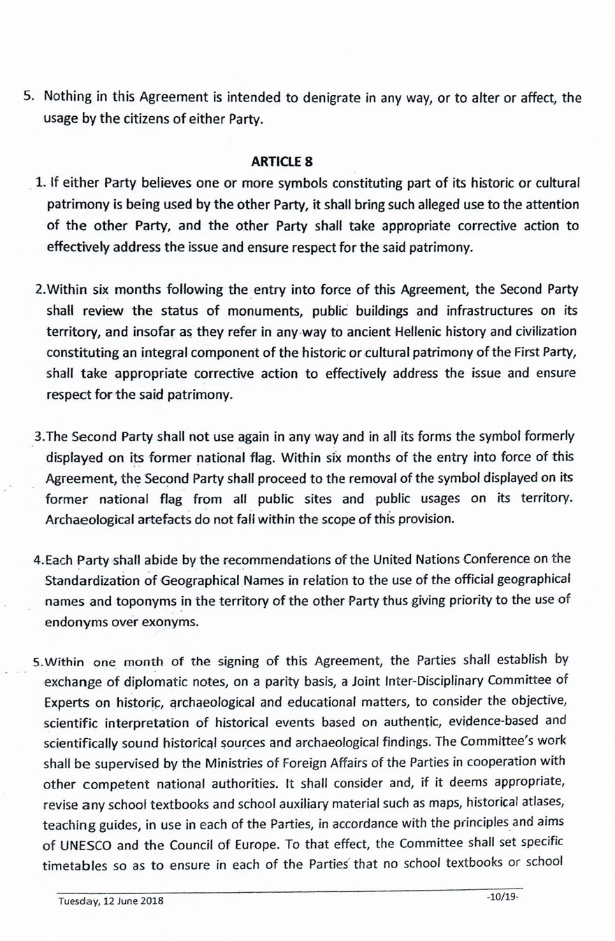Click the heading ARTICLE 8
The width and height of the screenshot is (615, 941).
point(282,162)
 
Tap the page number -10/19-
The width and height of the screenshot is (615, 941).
point(501,896)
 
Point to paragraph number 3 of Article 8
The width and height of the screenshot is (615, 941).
point(38,437)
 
